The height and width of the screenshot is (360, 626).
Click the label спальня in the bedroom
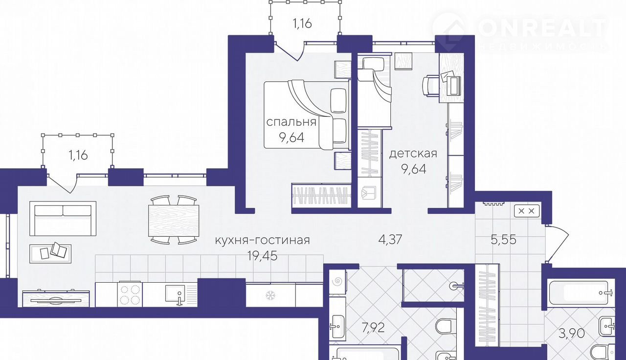click(x=291, y=122)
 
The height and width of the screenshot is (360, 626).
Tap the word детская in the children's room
click(x=413, y=154)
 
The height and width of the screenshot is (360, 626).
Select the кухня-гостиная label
click(x=262, y=240)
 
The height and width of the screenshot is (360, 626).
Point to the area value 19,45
click(x=263, y=255)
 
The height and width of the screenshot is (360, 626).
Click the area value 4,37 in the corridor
click(x=390, y=240)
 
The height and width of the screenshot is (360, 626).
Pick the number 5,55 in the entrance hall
click(x=504, y=240)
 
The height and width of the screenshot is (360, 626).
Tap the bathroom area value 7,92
click(x=373, y=328)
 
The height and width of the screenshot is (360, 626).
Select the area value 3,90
click(x=572, y=333)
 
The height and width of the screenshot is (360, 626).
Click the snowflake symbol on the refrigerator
click(x=270, y=295)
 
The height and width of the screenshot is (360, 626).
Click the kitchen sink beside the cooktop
click(x=175, y=294)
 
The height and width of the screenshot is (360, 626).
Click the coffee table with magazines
click(x=50, y=253)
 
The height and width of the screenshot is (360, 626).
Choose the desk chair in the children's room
click(x=430, y=87)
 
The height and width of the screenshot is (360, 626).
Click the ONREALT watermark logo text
click(x=541, y=28)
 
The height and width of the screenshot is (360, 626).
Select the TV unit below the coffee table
click(x=56, y=299)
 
